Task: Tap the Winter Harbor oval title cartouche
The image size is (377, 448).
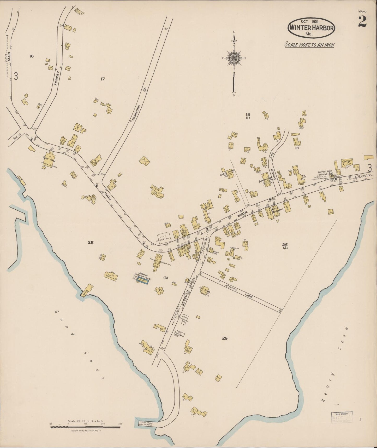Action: (x=311, y=28)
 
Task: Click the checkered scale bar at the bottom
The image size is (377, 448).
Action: (x=85, y=427)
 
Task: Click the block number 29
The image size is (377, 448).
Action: (x=225, y=338)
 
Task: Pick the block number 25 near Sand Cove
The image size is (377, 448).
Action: (x=91, y=243)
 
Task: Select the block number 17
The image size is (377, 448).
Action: (x=103, y=79)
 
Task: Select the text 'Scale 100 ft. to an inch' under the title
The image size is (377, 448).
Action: (x=309, y=45)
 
